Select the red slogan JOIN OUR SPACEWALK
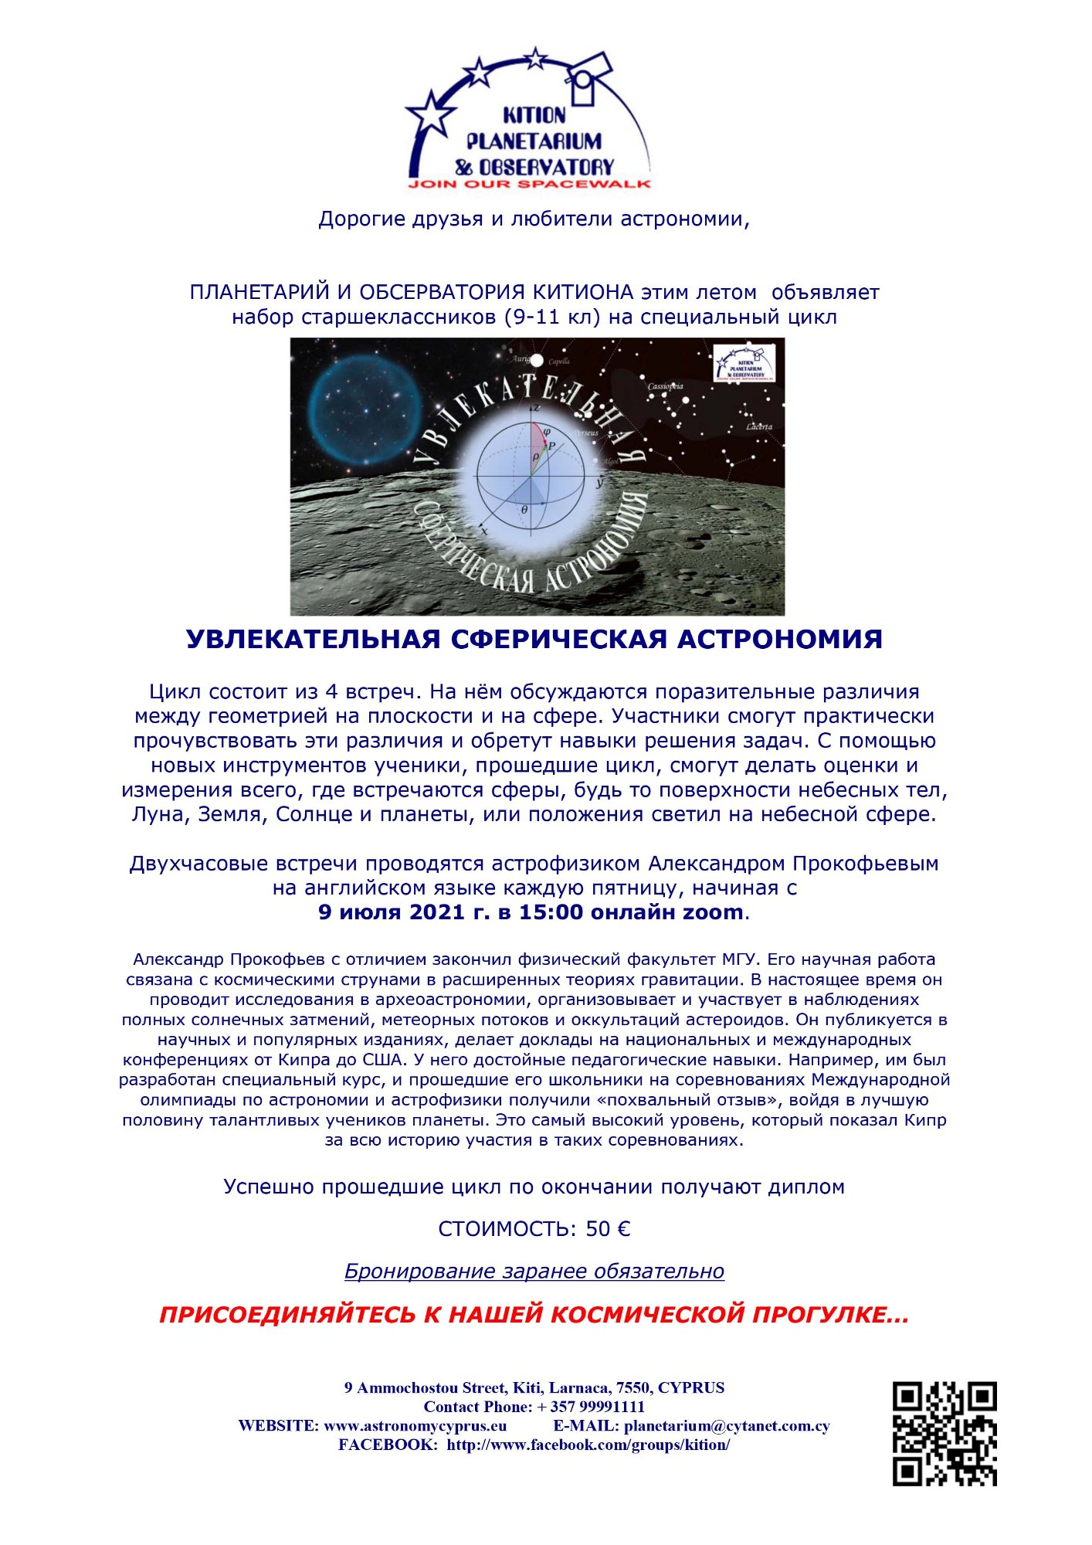530,185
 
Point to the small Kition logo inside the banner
743,363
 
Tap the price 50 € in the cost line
608,1229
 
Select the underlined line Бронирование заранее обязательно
534,1272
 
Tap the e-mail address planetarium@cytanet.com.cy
727,1426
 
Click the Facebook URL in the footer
588,1445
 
